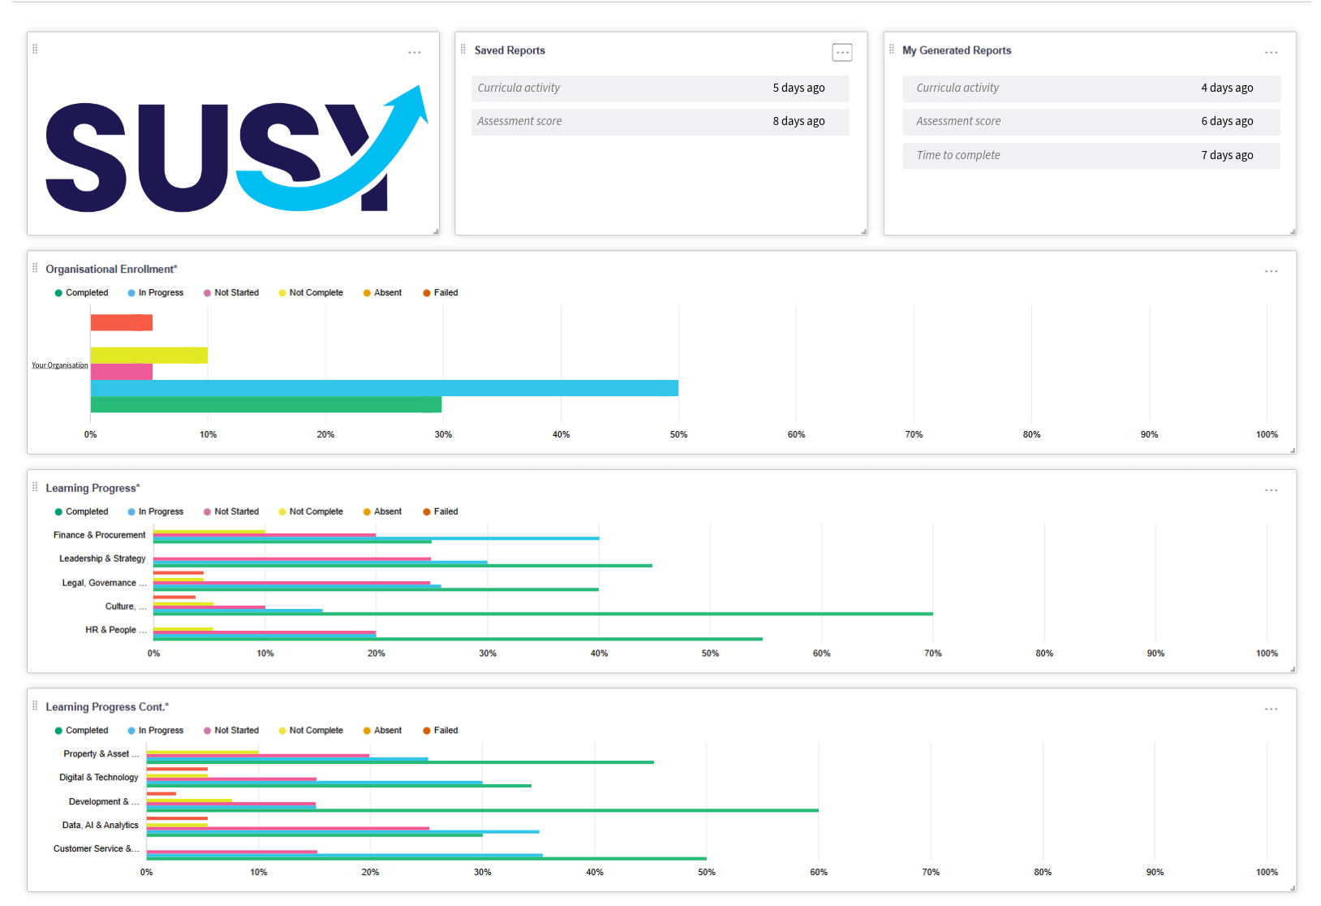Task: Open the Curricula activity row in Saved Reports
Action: pyautogui.click(x=660, y=88)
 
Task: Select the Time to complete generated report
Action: pyautogui.click(x=1091, y=155)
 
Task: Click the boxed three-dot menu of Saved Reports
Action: pyautogui.click(x=842, y=52)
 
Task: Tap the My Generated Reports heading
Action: pyautogui.click(x=957, y=50)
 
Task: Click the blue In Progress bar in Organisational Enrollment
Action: pyautogui.click(x=384, y=388)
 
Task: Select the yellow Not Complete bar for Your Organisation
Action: pyautogui.click(x=148, y=355)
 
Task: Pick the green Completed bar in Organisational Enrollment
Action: pyautogui.click(x=265, y=404)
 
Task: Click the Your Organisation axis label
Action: pyautogui.click(x=60, y=365)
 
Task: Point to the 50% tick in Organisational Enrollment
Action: pyautogui.click(x=678, y=434)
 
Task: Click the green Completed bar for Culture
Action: pyautogui.click(x=542, y=614)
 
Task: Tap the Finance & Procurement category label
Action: pyautogui.click(x=99, y=535)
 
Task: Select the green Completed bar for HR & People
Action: pyautogui.click(x=457, y=639)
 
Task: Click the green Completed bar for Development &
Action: pyautogui.click(x=482, y=810)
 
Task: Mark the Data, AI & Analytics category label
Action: pyautogui.click(x=100, y=825)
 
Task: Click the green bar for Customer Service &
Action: pyautogui.click(x=426, y=858)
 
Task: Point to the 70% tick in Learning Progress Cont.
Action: pyautogui.click(x=931, y=872)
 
